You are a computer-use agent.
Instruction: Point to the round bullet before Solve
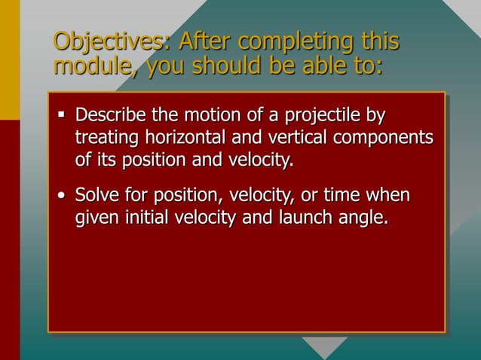tap(61, 198)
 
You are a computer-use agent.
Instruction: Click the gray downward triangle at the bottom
tap(325, 346)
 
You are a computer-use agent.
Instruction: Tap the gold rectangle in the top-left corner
tap(10, 59)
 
